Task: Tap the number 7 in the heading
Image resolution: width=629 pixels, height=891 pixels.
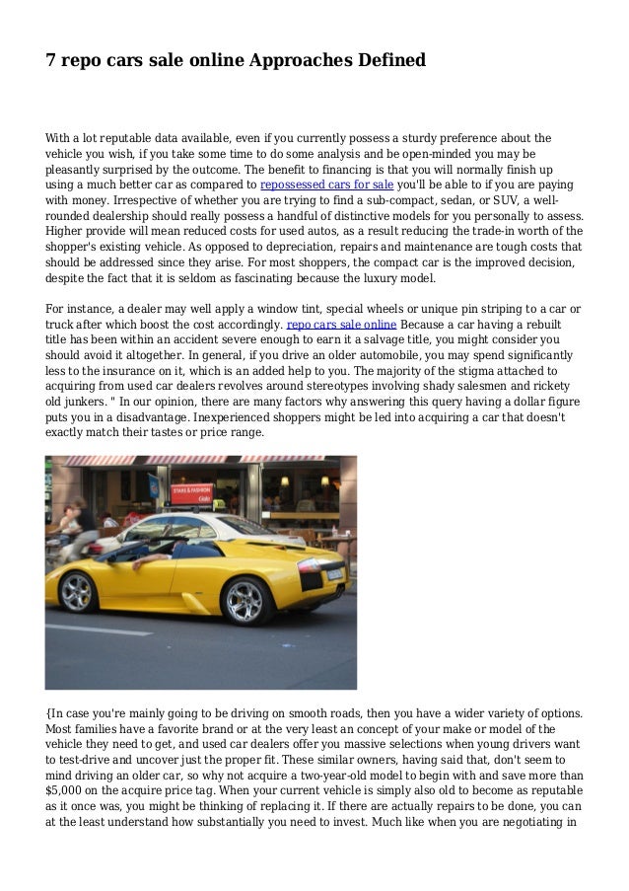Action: click(50, 60)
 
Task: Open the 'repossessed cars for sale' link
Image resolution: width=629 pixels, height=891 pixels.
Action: click(325, 185)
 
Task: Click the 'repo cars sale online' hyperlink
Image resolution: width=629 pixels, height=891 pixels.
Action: click(341, 324)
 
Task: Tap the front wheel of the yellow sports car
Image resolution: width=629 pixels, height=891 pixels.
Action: click(78, 591)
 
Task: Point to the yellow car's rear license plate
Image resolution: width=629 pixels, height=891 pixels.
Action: click(334, 573)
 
